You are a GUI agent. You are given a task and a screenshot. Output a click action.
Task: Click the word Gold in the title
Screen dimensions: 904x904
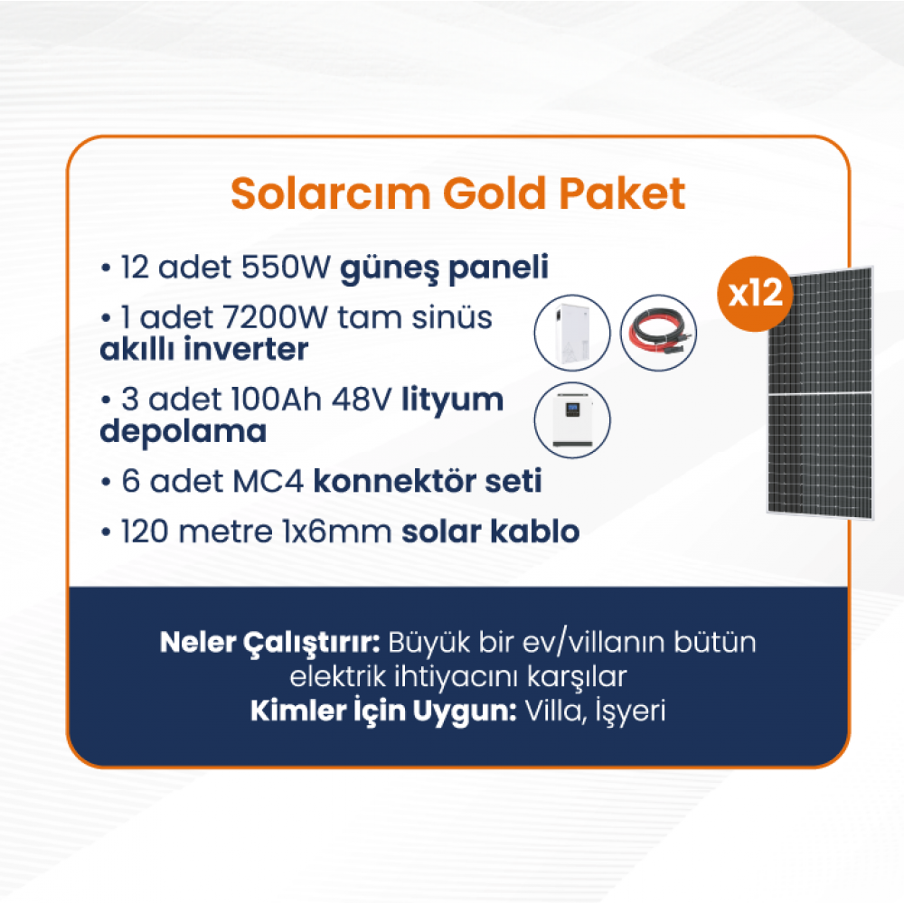tap(494, 193)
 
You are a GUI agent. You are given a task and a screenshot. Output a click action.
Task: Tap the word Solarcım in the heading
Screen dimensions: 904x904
tap(330, 193)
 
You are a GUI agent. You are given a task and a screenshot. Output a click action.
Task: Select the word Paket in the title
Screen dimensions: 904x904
tap(622, 193)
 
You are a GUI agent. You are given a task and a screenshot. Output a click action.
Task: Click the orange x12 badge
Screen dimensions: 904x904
tap(755, 294)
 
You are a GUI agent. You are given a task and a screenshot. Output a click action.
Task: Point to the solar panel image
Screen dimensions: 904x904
tap(820, 392)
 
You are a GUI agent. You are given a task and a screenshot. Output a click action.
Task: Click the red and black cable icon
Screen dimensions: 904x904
tap(658, 333)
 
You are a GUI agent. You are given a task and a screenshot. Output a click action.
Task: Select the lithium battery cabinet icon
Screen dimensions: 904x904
tap(572, 333)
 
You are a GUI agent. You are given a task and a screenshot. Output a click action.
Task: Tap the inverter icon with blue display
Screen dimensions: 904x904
tap(572, 419)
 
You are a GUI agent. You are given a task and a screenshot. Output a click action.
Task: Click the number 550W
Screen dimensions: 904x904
tap(286, 267)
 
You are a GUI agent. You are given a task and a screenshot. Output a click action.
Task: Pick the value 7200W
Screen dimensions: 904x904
tap(274, 317)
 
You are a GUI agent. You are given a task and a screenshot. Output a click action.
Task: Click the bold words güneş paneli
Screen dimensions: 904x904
tap(445, 268)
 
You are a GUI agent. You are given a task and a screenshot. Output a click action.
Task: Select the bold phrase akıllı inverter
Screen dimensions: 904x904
tap(204, 349)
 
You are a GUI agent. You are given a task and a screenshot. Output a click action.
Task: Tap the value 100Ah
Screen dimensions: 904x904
tap(276, 399)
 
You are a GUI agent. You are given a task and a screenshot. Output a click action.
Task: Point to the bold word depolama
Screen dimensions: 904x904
tap(184, 432)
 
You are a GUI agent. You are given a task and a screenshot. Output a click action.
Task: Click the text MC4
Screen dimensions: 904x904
tap(268, 481)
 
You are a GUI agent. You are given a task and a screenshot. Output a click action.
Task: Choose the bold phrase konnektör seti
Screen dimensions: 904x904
tap(428, 481)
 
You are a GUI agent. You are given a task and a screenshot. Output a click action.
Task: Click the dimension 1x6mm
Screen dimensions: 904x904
tap(337, 531)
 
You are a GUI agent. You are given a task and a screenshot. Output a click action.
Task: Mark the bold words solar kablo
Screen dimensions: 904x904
tap(491, 531)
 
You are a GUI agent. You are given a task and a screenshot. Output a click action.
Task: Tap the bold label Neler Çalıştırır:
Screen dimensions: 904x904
tap(269, 643)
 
